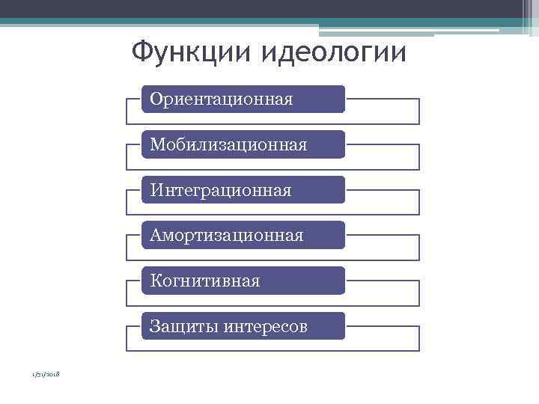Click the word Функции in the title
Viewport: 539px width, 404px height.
(191, 52)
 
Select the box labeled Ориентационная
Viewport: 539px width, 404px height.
(243, 99)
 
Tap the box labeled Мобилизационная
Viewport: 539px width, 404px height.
(243, 144)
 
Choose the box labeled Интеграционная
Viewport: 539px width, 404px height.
(243, 190)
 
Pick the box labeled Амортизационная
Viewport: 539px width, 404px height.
(243, 235)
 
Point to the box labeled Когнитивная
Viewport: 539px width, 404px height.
(243, 281)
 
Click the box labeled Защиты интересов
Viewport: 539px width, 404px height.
(243, 326)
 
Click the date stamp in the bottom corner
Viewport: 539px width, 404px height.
(46, 374)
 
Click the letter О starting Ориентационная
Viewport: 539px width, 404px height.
(156, 99)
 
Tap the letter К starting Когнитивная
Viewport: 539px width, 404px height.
(155, 281)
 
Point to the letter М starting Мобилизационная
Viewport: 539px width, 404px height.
(156, 144)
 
